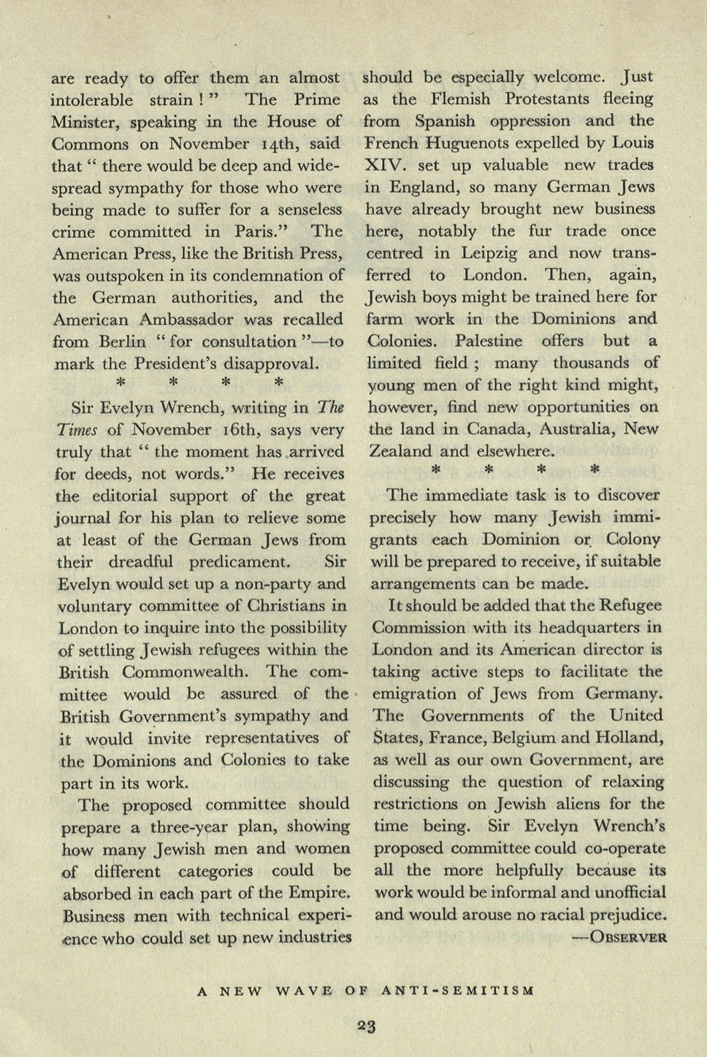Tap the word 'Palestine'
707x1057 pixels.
coord(489,341)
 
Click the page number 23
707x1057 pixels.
coord(366,1027)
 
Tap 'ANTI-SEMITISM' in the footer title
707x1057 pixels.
coord(458,991)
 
